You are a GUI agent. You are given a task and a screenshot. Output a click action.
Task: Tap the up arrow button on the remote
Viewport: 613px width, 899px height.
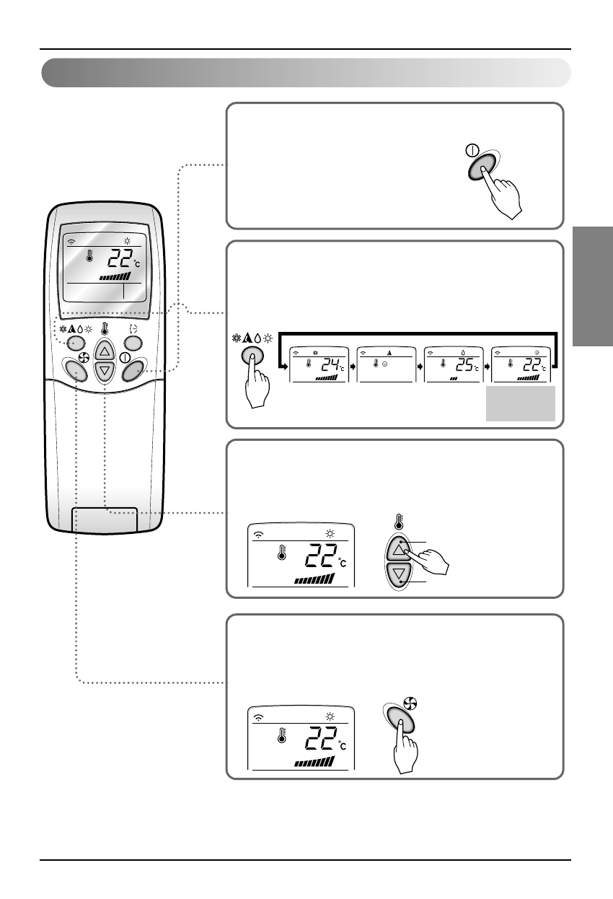coord(105,352)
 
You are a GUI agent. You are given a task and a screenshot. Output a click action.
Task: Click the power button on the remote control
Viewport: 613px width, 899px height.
coord(135,371)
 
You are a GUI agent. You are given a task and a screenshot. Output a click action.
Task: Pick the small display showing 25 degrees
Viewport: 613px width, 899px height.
coord(453,364)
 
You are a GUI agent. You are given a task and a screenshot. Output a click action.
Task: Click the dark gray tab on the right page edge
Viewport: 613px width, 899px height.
coord(593,287)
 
